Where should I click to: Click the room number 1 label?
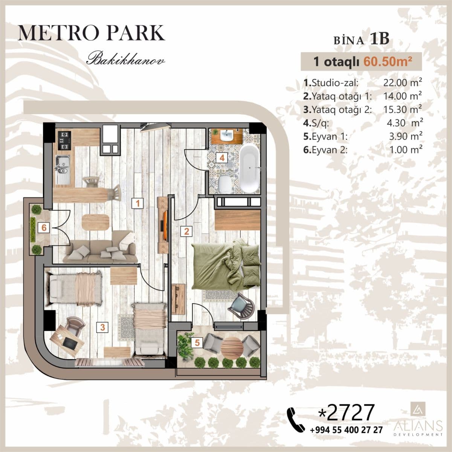(x=138, y=204)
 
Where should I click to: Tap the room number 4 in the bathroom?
(x=223, y=158)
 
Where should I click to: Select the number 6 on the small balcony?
(x=44, y=228)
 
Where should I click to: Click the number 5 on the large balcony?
(x=197, y=342)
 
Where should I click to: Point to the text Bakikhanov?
(x=125, y=60)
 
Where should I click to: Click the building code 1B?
(x=379, y=40)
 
